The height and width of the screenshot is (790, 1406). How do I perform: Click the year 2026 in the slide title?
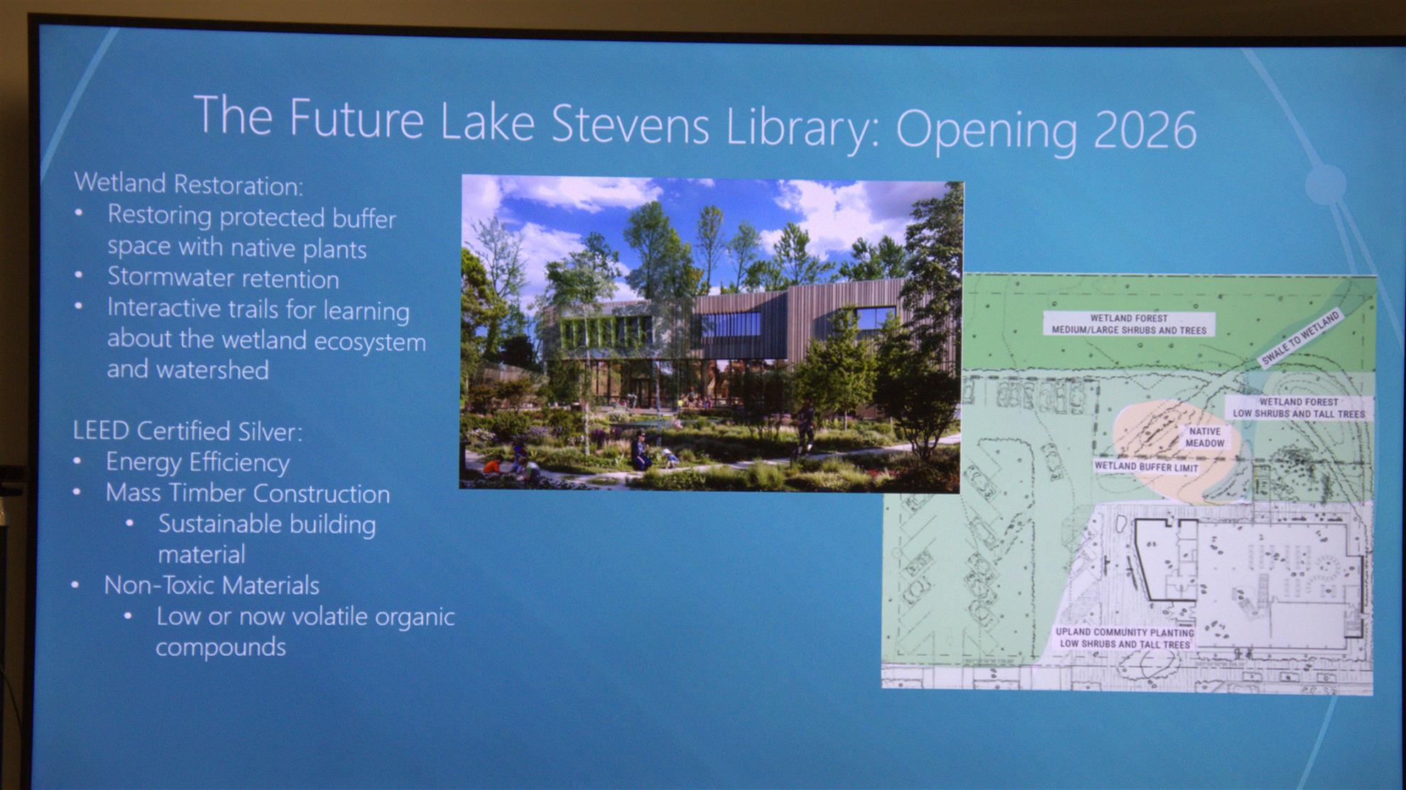[x=1145, y=131]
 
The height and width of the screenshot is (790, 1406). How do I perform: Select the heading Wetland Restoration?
[x=189, y=184]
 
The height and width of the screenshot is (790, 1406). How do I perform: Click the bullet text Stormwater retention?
[x=223, y=278]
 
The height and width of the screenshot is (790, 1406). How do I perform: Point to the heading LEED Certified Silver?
[x=187, y=431]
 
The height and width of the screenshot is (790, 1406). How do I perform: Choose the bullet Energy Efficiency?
[x=197, y=462]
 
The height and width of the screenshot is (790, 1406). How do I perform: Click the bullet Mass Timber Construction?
[x=248, y=493]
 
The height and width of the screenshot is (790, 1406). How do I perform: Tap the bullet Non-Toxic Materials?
[x=212, y=586]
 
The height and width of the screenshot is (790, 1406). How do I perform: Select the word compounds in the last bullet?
[x=221, y=647]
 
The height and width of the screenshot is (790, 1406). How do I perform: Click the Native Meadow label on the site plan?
[x=1204, y=437]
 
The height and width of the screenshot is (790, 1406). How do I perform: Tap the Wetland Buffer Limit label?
[x=1146, y=467]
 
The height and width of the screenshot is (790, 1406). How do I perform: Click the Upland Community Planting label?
[x=1124, y=638]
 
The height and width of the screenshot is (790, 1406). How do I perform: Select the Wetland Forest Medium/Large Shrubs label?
[x=1128, y=324]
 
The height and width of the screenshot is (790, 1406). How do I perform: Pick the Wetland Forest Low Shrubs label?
[x=1298, y=408]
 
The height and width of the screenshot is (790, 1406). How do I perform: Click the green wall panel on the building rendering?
[x=604, y=331]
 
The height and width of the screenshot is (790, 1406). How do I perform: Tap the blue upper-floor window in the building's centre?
[x=731, y=325]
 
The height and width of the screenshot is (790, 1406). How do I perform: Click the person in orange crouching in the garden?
[x=492, y=466]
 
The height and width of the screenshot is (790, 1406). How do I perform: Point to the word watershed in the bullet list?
[x=212, y=371]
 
